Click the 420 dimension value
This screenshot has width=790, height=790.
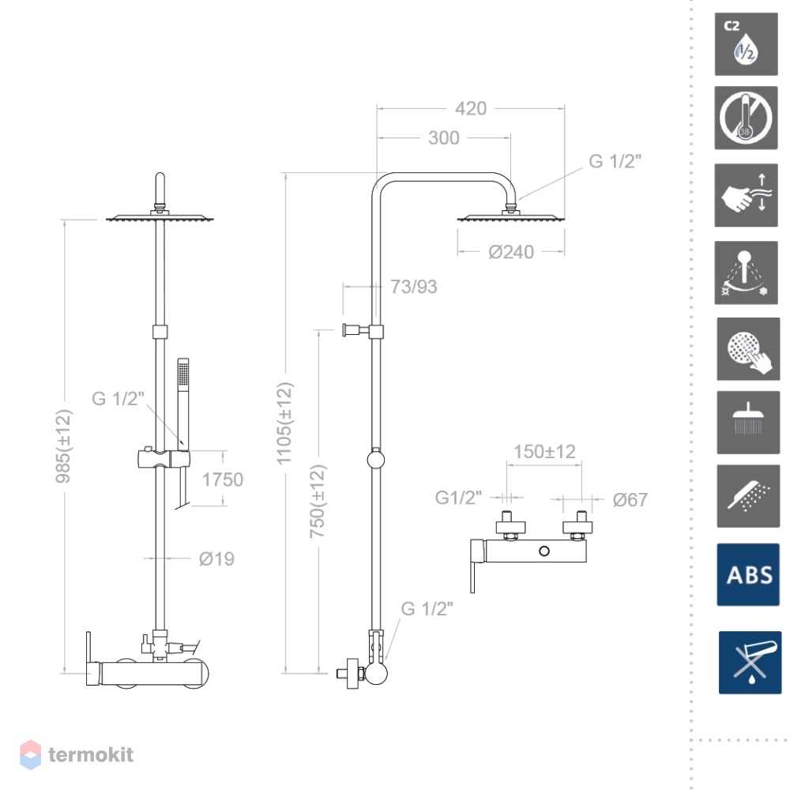tap(471, 108)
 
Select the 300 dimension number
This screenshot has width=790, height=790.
tap(443, 137)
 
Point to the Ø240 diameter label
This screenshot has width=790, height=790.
tap(511, 251)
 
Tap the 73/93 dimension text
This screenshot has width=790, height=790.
tap(414, 287)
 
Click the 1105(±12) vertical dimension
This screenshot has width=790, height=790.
tap(284, 423)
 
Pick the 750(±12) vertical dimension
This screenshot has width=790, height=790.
tap(318, 502)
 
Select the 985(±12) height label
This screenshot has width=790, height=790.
tap(64, 446)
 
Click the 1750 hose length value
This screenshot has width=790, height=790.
tap(223, 480)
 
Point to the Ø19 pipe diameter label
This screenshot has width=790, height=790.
tap(216, 559)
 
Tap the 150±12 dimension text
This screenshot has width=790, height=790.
tap(544, 451)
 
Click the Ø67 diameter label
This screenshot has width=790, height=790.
tap(630, 500)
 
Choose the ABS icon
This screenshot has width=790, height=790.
tap(747, 574)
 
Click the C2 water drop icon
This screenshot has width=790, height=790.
tap(746, 44)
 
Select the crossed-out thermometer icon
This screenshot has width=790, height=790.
tap(746, 118)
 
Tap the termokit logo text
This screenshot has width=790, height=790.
tap(91, 754)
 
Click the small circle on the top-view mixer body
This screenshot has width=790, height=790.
tap(544, 551)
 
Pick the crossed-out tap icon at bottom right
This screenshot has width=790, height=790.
tap(750, 663)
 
